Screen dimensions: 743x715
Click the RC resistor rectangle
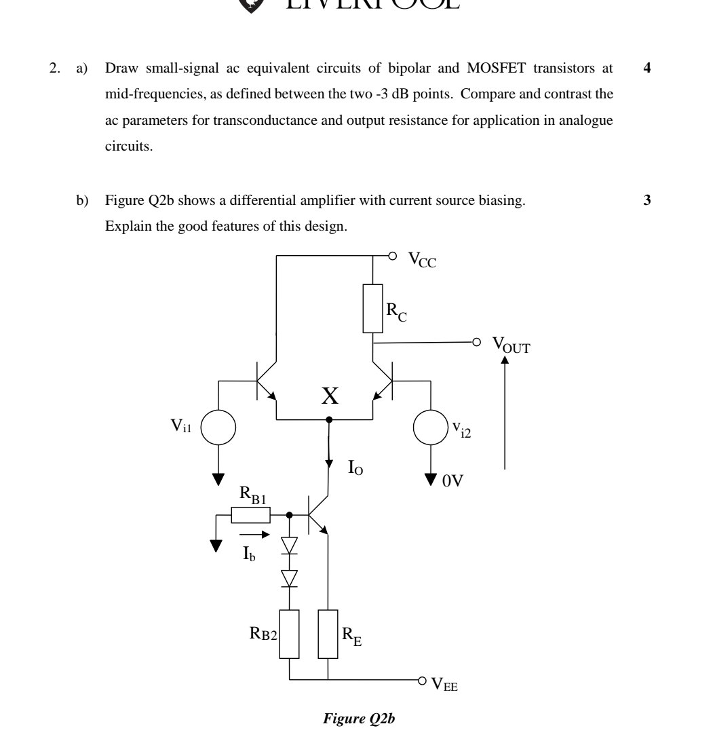point(372,309)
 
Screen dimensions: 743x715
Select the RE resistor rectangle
point(328,634)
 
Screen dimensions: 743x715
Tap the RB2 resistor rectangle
point(290,634)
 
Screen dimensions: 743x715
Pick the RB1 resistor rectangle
point(250,515)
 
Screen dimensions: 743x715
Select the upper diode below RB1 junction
point(290,546)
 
